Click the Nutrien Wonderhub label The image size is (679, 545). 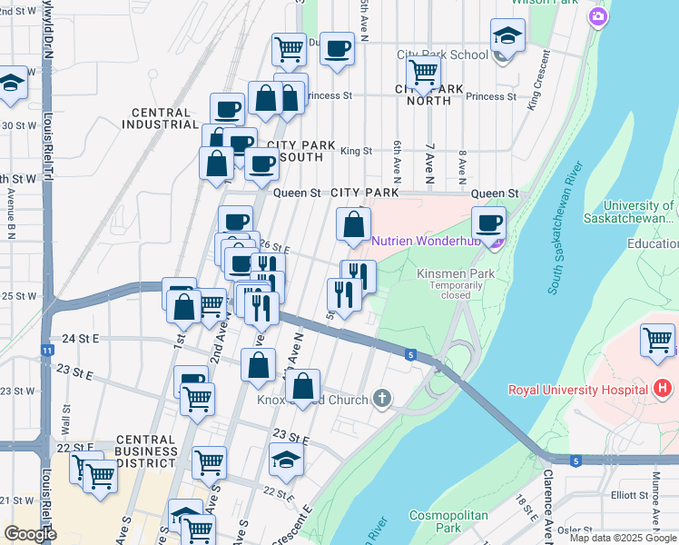[x=428, y=241]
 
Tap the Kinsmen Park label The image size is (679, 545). [x=443, y=273]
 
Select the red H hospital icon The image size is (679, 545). [x=663, y=390]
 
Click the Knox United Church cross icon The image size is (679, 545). [x=383, y=399]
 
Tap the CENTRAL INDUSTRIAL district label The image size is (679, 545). [x=161, y=119]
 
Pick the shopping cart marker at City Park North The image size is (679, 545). [x=423, y=72]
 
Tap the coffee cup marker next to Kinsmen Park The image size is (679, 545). [x=489, y=223]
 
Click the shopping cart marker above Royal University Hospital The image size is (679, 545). [x=658, y=341]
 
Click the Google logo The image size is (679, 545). [x=29, y=534]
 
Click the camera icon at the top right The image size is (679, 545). [x=597, y=16]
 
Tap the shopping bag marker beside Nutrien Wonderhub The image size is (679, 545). [x=353, y=223]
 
